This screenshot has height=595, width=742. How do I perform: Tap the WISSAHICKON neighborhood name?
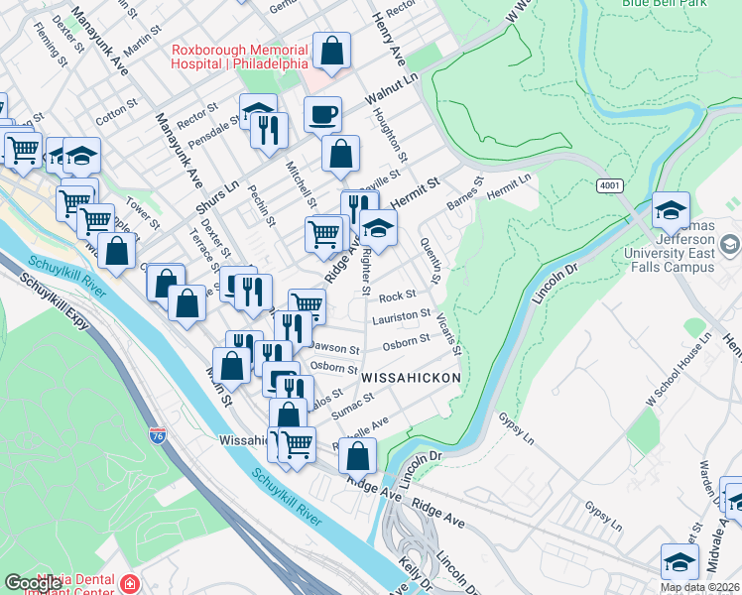(411, 379)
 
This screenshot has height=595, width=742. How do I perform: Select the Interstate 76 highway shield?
(158, 434)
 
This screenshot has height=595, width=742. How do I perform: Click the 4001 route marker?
(608, 185)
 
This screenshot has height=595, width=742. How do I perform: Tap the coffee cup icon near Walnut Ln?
(322, 115)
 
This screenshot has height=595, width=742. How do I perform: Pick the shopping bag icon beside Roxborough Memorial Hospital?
(331, 51)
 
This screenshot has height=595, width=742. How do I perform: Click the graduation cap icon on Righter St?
(378, 228)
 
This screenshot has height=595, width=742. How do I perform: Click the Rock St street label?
(396, 297)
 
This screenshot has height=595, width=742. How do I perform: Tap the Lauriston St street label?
(400, 318)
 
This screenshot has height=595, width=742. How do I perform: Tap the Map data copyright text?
(699, 587)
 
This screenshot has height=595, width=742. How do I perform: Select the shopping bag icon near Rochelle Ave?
(358, 456)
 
